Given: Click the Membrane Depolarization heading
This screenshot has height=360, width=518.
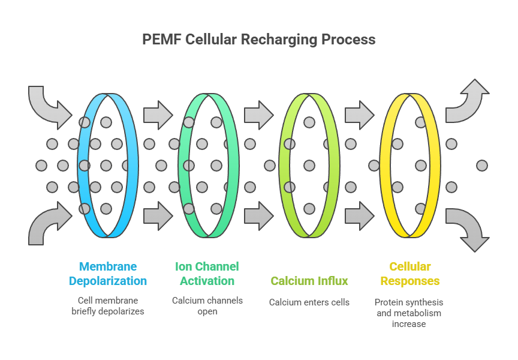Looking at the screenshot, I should click(108, 274).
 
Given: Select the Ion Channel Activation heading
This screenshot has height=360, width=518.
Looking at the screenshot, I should click(207, 274).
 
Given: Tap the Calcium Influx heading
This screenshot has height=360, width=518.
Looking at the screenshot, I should click(309, 281).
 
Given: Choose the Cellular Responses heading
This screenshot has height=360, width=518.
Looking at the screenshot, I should click(410, 274).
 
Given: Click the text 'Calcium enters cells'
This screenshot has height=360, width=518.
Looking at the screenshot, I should click(309, 302).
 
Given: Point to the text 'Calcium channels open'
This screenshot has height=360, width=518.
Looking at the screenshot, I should click(207, 306).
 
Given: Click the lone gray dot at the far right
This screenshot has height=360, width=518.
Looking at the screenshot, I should click(481, 165).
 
